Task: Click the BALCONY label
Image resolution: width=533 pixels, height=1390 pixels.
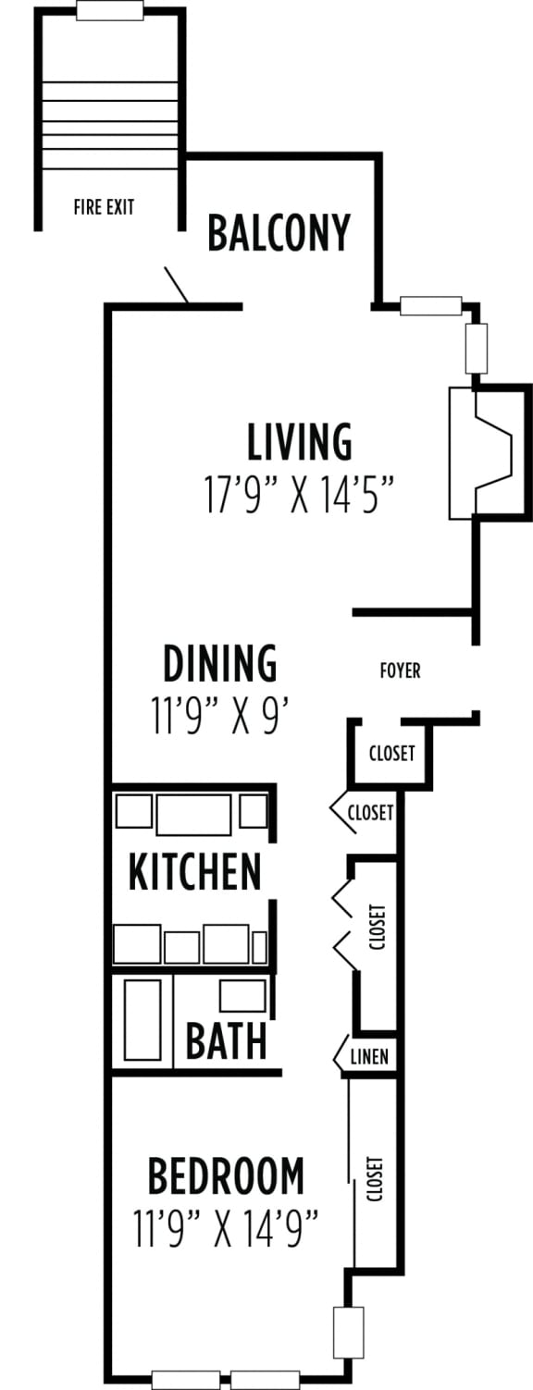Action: (x=279, y=233)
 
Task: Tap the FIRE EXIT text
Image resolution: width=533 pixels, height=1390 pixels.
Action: (x=104, y=207)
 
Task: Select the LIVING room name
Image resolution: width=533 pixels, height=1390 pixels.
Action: (x=299, y=441)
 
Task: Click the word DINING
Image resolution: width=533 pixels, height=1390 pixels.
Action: (x=220, y=663)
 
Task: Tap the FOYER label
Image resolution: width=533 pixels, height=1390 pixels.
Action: (x=400, y=670)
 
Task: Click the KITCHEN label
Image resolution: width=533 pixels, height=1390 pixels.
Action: (x=194, y=871)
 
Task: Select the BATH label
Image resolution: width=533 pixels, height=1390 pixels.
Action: (x=227, y=1040)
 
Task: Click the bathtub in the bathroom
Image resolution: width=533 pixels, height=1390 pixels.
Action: (x=143, y=1019)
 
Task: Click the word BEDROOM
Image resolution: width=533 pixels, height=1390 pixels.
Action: (x=226, y=1176)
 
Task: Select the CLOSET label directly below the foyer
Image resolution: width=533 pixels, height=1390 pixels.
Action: (x=391, y=754)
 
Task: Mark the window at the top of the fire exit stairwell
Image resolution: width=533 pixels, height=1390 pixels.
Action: (x=109, y=11)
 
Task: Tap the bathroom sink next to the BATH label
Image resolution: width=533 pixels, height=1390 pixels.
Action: (x=242, y=994)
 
